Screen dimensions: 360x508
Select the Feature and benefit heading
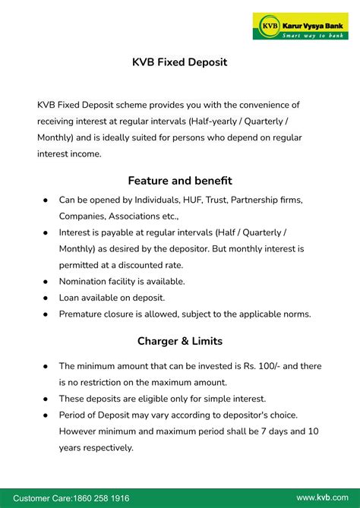[179, 181]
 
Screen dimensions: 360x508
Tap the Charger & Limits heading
[179, 341]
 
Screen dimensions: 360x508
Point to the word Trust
[214, 200]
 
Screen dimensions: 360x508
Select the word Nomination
[86, 281]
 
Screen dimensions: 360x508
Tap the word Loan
[71, 298]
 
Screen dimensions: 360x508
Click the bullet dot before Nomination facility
[46, 282]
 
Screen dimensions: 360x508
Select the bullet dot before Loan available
[46, 298]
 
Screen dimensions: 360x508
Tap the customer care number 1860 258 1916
[101, 497]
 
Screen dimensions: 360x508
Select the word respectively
[107, 447]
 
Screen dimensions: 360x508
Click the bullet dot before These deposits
[46, 399]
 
